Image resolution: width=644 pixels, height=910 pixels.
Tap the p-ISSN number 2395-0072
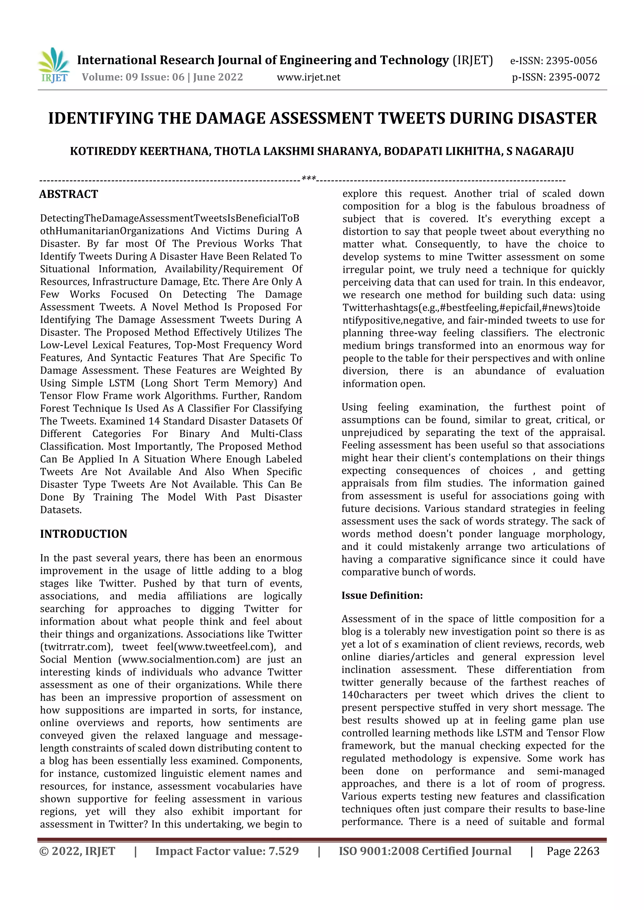[x=574, y=77]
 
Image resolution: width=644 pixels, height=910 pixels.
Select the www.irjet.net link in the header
[x=308, y=77]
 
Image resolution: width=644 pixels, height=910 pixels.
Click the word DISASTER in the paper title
[x=557, y=118]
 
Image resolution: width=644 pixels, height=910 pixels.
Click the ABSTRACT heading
[x=69, y=194]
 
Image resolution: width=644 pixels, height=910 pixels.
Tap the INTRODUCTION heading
[x=84, y=534]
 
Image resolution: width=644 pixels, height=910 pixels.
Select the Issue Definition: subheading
[x=382, y=595]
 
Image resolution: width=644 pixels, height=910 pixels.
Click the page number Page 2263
[x=573, y=851]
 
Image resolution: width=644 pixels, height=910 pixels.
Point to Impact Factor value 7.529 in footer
[x=227, y=851]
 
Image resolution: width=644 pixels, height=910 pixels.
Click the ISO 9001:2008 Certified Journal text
[x=425, y=851]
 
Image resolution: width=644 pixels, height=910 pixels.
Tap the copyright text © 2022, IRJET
[x=77, y=851]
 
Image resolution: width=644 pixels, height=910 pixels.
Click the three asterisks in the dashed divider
[x=308, y=179]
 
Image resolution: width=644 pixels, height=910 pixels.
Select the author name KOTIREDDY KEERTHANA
[x=140, y=151]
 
